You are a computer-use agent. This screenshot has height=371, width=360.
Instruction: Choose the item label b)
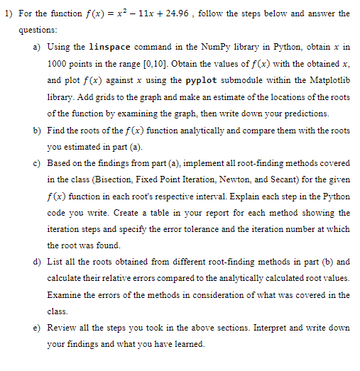[x=37, y=131]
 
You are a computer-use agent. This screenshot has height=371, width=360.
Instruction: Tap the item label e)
[x=37, y=328]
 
